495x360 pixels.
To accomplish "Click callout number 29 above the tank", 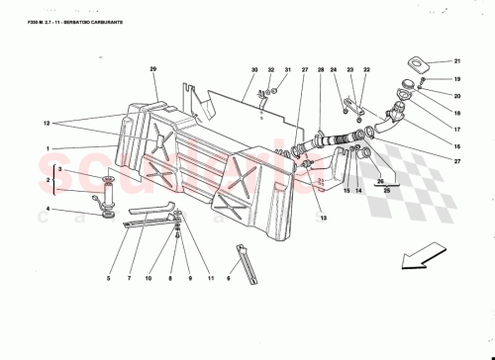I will pyautogui.click(x=153, y=68).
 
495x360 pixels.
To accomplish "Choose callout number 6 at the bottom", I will pyautogui.click(x=231, y=281).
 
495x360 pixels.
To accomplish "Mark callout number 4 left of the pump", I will pyautogui.click(x=47, y=209).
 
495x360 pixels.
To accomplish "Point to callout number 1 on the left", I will pyautogui.click(x=47, y=149).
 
